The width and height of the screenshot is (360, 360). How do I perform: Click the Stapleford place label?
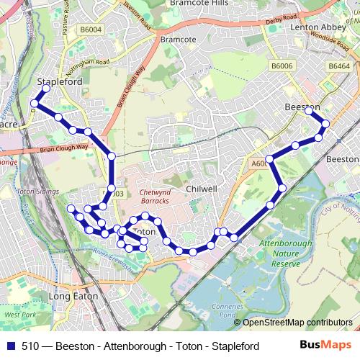60,82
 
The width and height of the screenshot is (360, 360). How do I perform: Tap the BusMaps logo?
330,346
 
